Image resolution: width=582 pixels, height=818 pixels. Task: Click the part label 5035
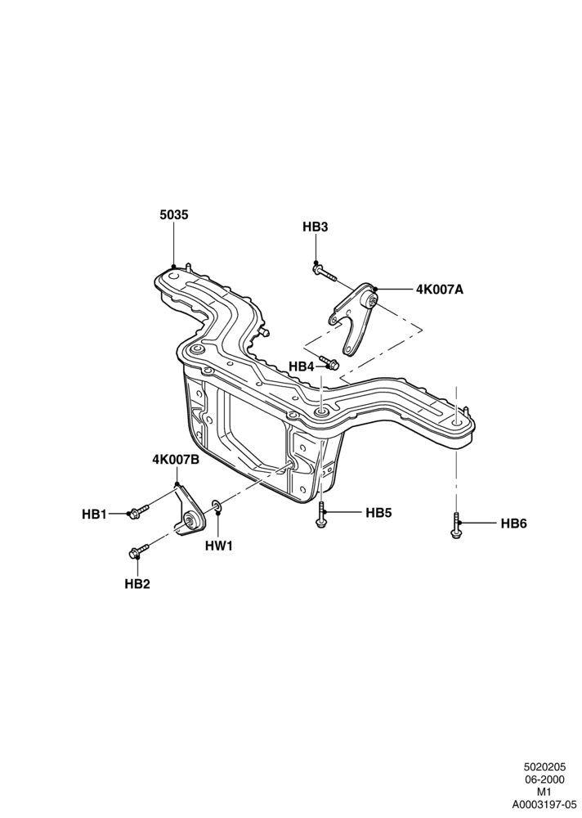[x=173, y=215]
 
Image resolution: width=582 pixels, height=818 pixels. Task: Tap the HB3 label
[x=316, y=227]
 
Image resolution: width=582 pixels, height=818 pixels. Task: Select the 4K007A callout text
[x=440, y=290]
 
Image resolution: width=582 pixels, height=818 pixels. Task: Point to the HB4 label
[x=302, y=366]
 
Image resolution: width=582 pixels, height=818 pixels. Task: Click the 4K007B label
[x=177, y=460]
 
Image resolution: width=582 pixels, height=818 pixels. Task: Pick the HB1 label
[x=94, y=515]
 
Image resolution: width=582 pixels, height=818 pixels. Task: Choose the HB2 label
[x=137, y=584]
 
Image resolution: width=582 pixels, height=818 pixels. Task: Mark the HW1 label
[x=218, y=546]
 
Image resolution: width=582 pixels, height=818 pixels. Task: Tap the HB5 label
[x=378, y=513]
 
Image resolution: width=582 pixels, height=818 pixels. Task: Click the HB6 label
[x=513, y=524]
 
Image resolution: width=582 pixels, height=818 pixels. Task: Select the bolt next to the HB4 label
[x=329, y=362]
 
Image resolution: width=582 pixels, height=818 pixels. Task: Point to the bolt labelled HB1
[x=139, y=510]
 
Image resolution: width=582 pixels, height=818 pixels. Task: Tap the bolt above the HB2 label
[x=139, y=550]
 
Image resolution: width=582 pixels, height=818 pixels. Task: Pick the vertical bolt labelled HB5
[x=320, y=515]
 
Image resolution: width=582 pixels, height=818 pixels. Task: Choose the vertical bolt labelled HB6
[x=456, y=525]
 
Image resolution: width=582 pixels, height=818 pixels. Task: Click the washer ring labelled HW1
[x=217, y=506]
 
